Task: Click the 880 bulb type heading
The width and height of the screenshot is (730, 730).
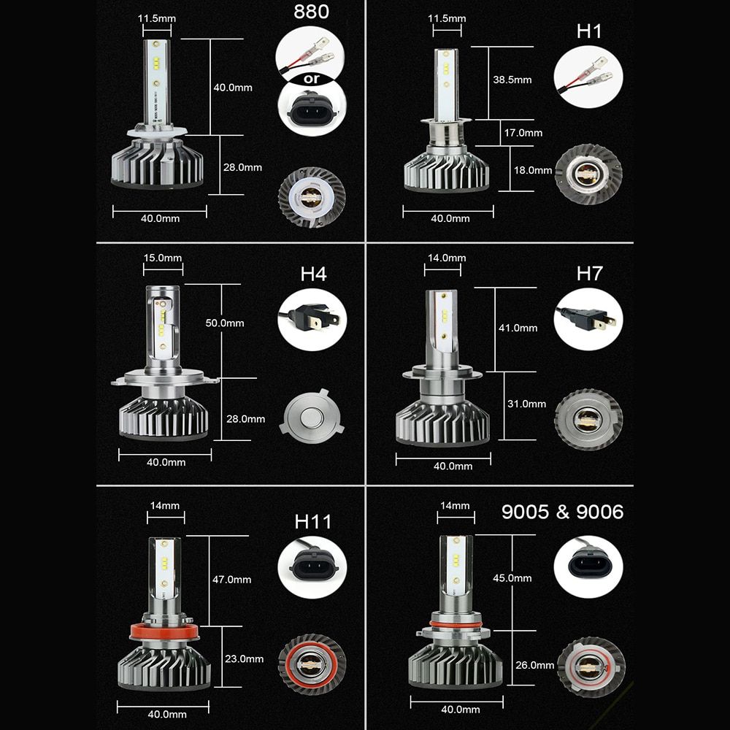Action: (x=311, y=12)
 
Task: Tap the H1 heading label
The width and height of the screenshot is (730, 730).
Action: (x=589, y=31)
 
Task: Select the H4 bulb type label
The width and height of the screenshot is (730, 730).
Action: (x=313, y=274)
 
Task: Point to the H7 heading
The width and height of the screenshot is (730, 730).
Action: (x=589, y=273)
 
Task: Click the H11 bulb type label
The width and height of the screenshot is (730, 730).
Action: (x=313, y=522)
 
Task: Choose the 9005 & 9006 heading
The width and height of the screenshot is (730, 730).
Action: (x=562, y=512)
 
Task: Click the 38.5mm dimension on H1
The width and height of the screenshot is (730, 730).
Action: (x=512, y=80)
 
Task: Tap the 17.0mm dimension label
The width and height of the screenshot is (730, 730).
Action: (x=523, y=133)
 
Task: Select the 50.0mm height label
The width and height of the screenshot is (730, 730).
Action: (x=225, y=323)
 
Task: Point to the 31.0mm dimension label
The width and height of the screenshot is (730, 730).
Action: (x=526, y=404)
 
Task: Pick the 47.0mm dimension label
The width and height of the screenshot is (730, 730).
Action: (x=232, y=580)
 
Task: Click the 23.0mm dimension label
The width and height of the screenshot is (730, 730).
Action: (x=244, y=658)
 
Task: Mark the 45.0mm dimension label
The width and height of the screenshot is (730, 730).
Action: (x=512, y=577)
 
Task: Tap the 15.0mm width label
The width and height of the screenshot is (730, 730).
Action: (x=163, y=258)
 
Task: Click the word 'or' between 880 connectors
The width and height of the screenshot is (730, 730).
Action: (x=312, y=79)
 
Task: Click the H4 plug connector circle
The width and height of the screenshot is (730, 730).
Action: (x=312, y=320)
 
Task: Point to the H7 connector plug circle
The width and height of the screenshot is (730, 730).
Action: (x=588, y=320)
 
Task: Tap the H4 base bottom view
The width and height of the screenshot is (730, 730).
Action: (x=312, y=418)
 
